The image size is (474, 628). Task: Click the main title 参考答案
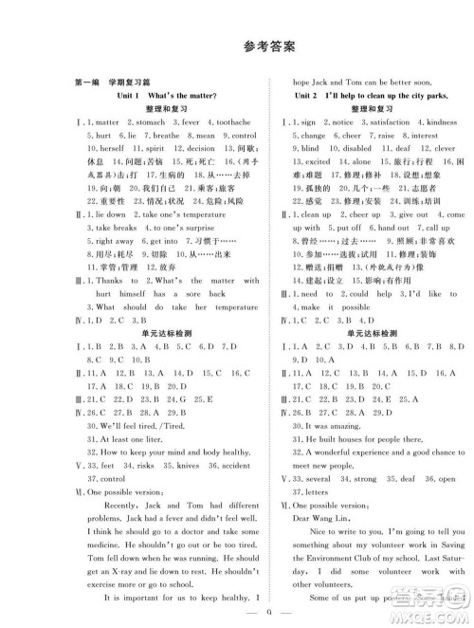237,46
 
